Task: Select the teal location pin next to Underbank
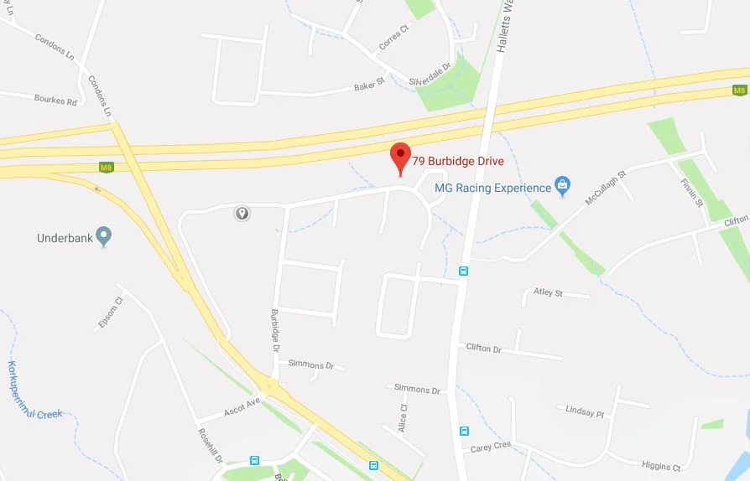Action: click(103, 237)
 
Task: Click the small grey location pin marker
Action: click(242, 214)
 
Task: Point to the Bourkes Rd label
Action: click(55, 101)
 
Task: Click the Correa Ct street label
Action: click(393, 38)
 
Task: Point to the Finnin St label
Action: click(691, 192)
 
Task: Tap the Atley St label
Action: click(549, 292)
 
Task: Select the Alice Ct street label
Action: click(403, 417)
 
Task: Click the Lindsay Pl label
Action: click(585, 412)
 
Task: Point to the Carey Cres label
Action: click(491, 446)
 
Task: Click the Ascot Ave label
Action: click(242, 408)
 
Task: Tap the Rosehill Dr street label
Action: click(210, 446)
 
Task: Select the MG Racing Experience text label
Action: click(493, 188)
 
